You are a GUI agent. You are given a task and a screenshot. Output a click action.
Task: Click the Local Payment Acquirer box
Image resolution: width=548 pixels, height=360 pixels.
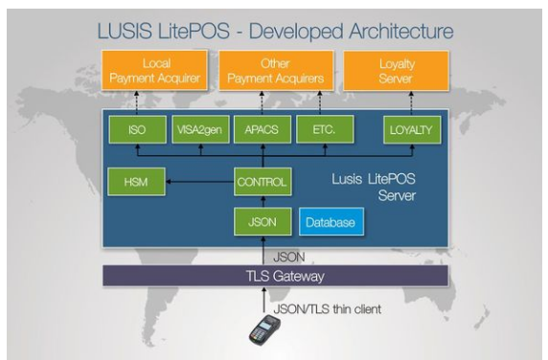154,71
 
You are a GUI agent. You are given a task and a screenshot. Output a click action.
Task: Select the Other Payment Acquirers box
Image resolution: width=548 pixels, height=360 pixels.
276,71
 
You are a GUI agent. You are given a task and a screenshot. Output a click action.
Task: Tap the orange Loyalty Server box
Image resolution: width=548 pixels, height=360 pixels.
397,71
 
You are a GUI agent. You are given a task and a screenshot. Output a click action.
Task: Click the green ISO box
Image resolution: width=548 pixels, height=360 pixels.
137,130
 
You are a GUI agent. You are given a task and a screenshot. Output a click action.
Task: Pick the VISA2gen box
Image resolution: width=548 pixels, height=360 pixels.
200,130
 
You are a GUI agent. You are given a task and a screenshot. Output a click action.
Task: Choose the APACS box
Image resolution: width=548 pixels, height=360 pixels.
263,130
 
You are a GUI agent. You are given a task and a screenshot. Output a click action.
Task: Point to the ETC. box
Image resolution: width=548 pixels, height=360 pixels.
325,130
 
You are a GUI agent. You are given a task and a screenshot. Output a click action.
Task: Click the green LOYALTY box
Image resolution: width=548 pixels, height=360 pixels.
412,130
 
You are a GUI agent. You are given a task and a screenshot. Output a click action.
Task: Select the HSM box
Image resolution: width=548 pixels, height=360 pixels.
136,182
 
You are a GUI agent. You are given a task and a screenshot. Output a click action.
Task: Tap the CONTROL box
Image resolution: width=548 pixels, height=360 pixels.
263,182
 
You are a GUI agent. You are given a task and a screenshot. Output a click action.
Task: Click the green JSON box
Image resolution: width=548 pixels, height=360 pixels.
263,222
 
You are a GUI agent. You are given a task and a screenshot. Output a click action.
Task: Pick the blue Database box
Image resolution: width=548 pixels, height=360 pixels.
331,222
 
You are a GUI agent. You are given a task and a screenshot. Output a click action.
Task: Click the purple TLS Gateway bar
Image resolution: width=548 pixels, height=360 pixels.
275,276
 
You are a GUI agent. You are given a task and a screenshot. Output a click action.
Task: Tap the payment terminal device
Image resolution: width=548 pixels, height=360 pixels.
265,330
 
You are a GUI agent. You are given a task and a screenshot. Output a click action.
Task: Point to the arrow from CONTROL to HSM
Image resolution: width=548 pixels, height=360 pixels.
200,182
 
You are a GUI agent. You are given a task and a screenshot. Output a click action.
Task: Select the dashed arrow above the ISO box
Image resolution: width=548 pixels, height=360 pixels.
137,103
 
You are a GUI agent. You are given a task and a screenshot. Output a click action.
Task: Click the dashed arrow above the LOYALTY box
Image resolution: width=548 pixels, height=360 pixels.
411,103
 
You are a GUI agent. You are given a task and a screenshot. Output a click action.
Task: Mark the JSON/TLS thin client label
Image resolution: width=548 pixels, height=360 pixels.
327,309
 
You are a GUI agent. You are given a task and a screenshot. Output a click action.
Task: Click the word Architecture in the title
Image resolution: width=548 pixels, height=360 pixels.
401,31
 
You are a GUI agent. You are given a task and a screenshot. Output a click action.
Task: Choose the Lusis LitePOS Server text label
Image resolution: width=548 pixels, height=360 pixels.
374,187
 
